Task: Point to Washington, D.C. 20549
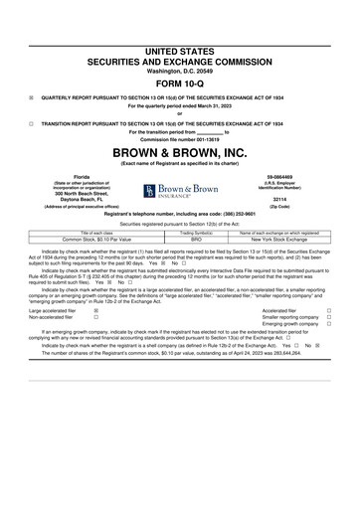pyautogui.click(x=179, y=72)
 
